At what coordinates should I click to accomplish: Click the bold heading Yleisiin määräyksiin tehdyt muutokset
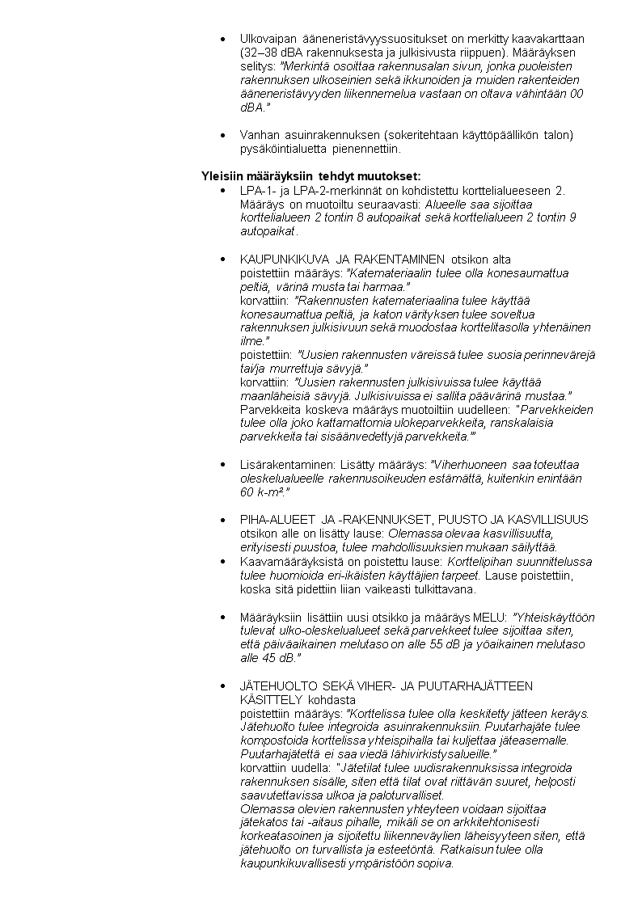[x=310, y=176]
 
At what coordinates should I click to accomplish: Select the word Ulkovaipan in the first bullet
[x=268, y=38]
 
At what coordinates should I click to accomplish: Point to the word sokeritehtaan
[x=417, y=135]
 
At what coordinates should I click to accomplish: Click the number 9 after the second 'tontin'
[x=572, y=217]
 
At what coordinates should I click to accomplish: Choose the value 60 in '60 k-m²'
[x=247, y=492]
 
